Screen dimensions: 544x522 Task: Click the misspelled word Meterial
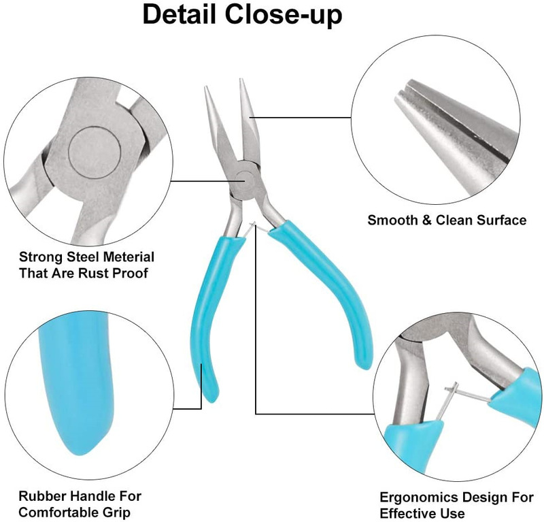(x=120, y=257)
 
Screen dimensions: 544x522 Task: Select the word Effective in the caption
(x=405, y=512)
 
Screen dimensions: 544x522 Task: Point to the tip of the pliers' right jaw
(x=242, y=83)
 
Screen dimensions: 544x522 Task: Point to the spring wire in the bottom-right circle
(x=469, y=398)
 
